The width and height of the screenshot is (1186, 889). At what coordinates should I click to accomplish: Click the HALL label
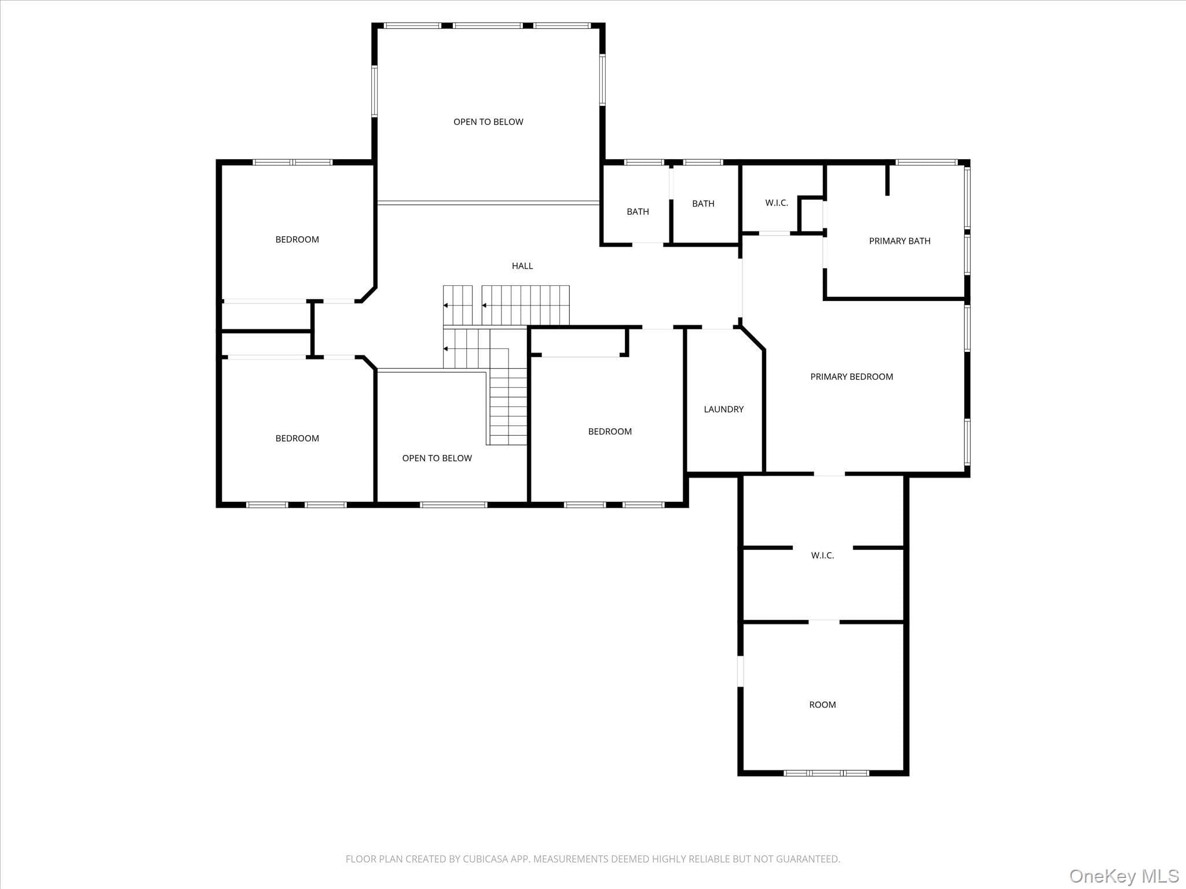(522, 266)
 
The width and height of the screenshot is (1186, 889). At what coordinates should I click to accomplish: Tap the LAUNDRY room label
(723, 409)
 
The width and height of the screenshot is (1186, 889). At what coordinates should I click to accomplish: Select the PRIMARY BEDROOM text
(851, 377)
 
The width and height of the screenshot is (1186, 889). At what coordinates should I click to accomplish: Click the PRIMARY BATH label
(899, 241)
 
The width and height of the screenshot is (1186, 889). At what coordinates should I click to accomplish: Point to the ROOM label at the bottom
(822, 704)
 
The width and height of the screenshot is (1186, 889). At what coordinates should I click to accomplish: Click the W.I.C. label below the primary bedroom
(822, 556)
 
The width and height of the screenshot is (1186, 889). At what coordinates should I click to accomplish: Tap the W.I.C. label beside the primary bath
(777, 203)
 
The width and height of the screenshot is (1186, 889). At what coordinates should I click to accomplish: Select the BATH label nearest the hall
(638, 212)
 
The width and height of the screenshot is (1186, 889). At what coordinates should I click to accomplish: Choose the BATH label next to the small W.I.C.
(703, 204)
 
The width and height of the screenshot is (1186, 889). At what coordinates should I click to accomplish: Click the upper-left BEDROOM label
(297, 240)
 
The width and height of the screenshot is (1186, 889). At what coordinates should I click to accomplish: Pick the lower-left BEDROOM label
(297, 439)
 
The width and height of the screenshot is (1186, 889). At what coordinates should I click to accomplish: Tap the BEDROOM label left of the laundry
(610, 432)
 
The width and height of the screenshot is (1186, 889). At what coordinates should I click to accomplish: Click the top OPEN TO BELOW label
(488, 122)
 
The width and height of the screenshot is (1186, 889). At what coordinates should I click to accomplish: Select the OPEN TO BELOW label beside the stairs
(437, 458)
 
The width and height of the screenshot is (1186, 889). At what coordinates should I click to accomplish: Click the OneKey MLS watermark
(1124, 876)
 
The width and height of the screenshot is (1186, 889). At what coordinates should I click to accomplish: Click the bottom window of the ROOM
(826, 773)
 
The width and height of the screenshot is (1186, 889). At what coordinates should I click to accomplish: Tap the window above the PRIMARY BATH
(926, 162)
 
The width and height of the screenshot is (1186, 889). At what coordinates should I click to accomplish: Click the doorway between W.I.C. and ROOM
(824, 622)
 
